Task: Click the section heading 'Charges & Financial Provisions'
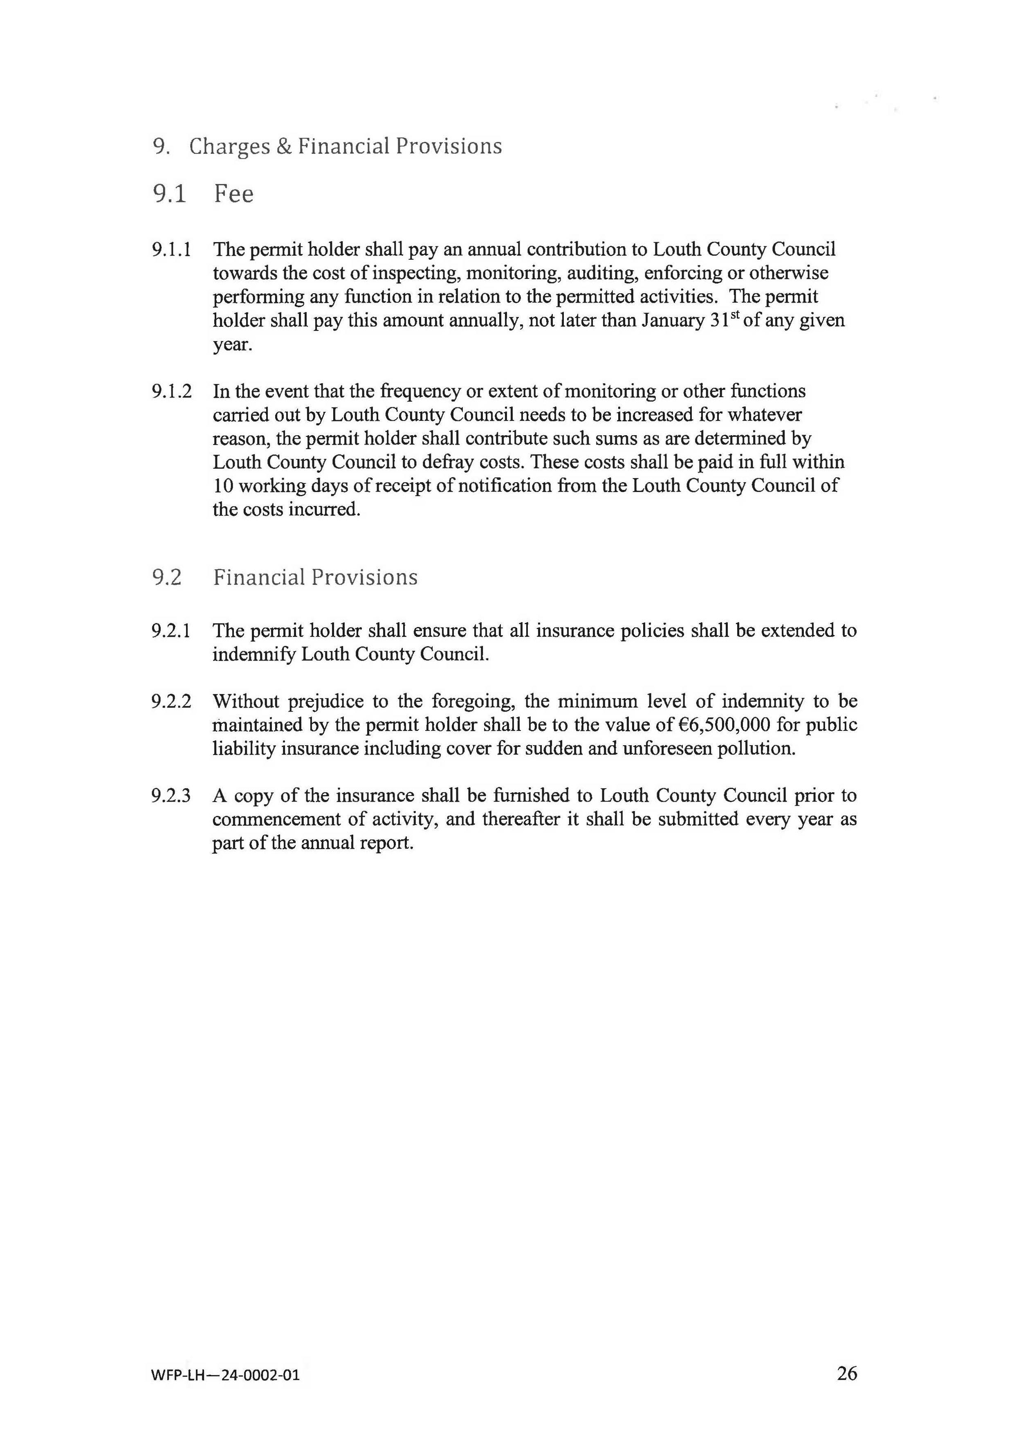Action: pos(345,146)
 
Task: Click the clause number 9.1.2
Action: pos(171,391)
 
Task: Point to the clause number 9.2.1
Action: pos(170,631)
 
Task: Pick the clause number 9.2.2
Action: pos(170,701)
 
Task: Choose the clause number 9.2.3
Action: pos(170,796)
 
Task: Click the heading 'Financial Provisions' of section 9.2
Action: pos(315,577)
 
